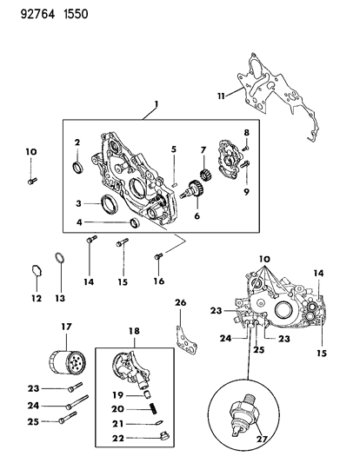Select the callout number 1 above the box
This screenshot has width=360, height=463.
coord(157,105)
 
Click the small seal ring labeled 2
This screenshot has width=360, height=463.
coord(77,166)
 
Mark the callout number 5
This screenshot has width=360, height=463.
coord(173,149)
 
